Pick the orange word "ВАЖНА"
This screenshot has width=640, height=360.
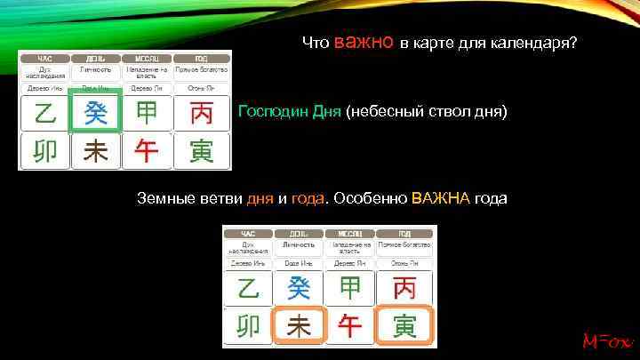point(441,198)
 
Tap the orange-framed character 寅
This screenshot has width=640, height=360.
point(404,326)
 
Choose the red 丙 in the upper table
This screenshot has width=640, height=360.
point(201,114)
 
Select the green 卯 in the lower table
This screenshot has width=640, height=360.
point(248,326)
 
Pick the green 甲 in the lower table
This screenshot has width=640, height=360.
point(351,288)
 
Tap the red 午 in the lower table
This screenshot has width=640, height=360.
point(351,326)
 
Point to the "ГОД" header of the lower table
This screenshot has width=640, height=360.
point(404,232)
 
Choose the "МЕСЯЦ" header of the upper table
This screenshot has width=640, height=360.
point(148,58)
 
